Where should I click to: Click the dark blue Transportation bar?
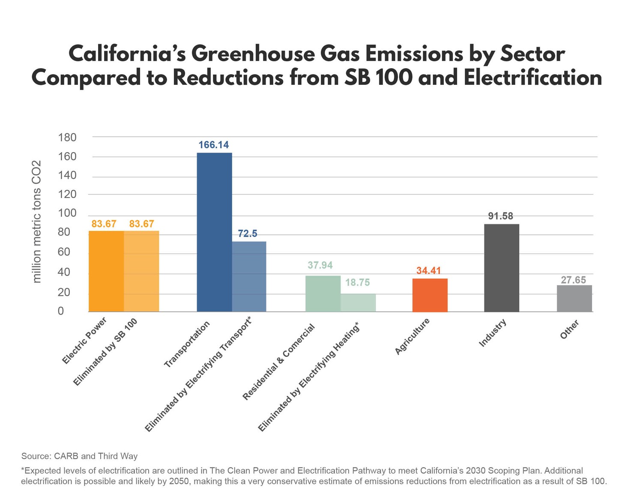pyautogui.click(x=214, y=232)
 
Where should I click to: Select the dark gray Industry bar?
pyautogui.click(x=501, y=268)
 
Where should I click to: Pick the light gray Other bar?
pyautogui.click(x=574, y=298)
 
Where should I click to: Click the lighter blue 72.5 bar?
pyautogui.click(x=249, y=276)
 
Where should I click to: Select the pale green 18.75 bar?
pyautogui.click(x=358, y=303)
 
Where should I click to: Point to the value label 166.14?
pyautogui.click(x=213, y=145)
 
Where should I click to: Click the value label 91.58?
pyautogui.click(x=500, y=216)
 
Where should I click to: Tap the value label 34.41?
pyautogui.click(x=428, y=271)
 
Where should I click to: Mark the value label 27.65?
pyautogui.click(x=573, y=280)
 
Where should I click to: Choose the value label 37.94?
pyautogui.click(x=320, y=265)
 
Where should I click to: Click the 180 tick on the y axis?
pyautogui.click(x=67, y=138)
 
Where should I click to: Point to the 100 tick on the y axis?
pyautogui.click(x=67, y=213)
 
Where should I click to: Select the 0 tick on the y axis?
pyautogui.click(x=60, y=311)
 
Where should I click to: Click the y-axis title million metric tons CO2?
pyautogui.click(x=37, y=221)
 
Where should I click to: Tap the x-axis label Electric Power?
pyautogui.click(x=84, y=341)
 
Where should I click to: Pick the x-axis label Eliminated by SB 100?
pyautogui.click(x=105, y=352)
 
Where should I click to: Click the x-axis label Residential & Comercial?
pyautogui.click(x=278, y=362)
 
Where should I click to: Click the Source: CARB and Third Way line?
pyautogui.click(x=79, y=456)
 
